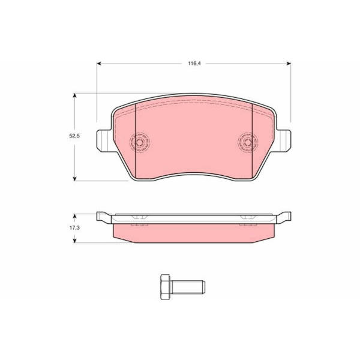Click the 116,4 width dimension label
[194, 64]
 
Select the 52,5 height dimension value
[74, 136]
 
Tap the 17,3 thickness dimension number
[74, 228]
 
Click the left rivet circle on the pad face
[140, 142]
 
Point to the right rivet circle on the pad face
[248, 142]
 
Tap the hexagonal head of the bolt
[166, 287]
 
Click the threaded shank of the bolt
[188, 287]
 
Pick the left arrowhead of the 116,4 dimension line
[99, 64]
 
